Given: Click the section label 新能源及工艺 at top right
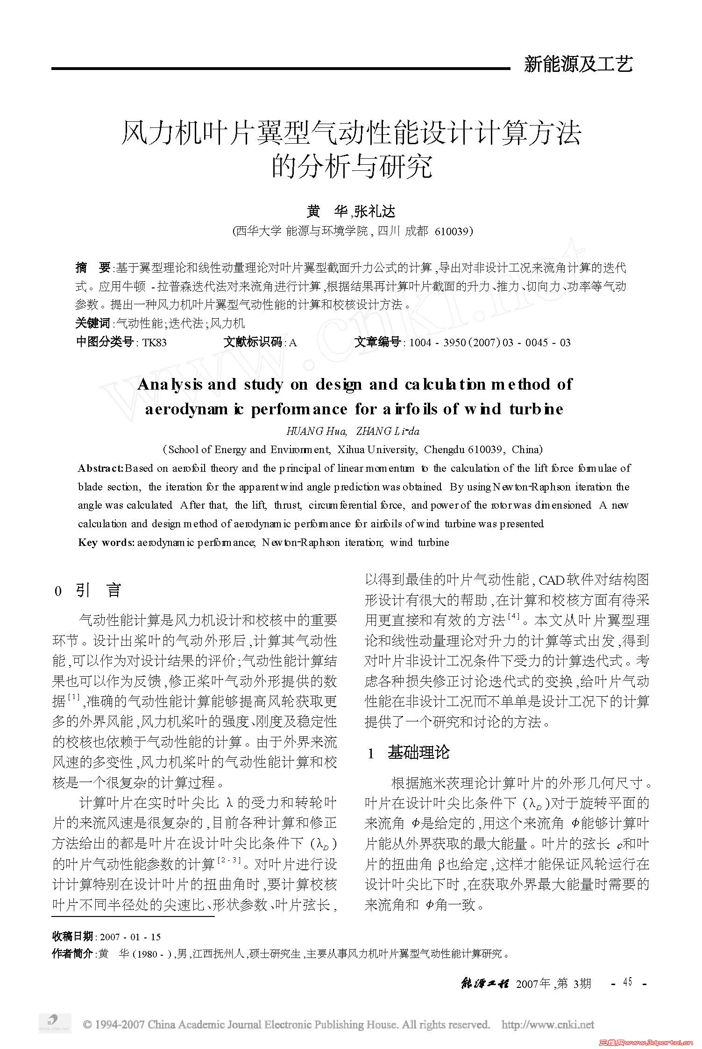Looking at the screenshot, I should [578, 64].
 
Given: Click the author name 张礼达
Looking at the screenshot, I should [375, 212].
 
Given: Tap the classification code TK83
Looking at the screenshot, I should [154, 343].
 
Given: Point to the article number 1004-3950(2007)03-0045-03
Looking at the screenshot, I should [489, 343].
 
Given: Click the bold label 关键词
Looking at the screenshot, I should [92, 323].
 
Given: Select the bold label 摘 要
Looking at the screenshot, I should [92, 268].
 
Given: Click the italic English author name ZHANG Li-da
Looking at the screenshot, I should [387, 431].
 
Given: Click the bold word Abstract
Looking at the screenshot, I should [100, 468].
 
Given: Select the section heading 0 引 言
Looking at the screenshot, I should [88, 591].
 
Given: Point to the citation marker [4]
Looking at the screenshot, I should [513, 616].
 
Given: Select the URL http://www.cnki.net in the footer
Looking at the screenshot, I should [547, 1025].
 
